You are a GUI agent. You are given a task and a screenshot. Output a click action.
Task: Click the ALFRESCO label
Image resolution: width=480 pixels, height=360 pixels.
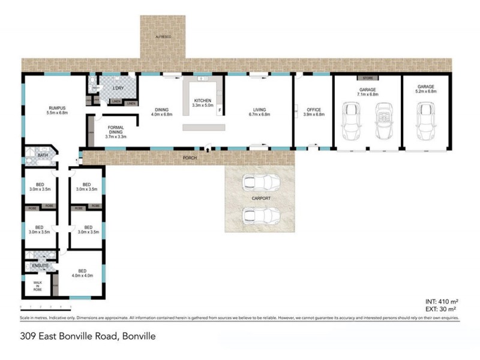coord(164,37)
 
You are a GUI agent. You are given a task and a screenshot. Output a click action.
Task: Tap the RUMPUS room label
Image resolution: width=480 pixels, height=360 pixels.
coord(58,109)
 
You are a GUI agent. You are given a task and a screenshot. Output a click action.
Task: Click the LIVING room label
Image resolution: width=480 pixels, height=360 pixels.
coord(259,110)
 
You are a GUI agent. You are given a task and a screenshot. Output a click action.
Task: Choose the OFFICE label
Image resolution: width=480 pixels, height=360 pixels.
coord(314,110)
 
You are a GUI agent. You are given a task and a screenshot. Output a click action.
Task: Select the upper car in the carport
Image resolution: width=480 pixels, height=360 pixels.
coord(259,182)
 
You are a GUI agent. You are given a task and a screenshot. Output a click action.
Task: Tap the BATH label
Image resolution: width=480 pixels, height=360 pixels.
coord(42,155)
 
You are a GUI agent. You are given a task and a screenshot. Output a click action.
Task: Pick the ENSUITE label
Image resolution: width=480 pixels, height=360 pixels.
coord(40,265)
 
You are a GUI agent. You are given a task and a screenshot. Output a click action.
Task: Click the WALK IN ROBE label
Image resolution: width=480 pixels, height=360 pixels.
coord(37,286)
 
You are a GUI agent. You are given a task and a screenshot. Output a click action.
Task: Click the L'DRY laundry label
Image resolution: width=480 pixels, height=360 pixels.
coord(118,90)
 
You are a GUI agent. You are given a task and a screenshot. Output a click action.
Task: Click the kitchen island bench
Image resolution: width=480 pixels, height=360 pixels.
coord(204,128)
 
